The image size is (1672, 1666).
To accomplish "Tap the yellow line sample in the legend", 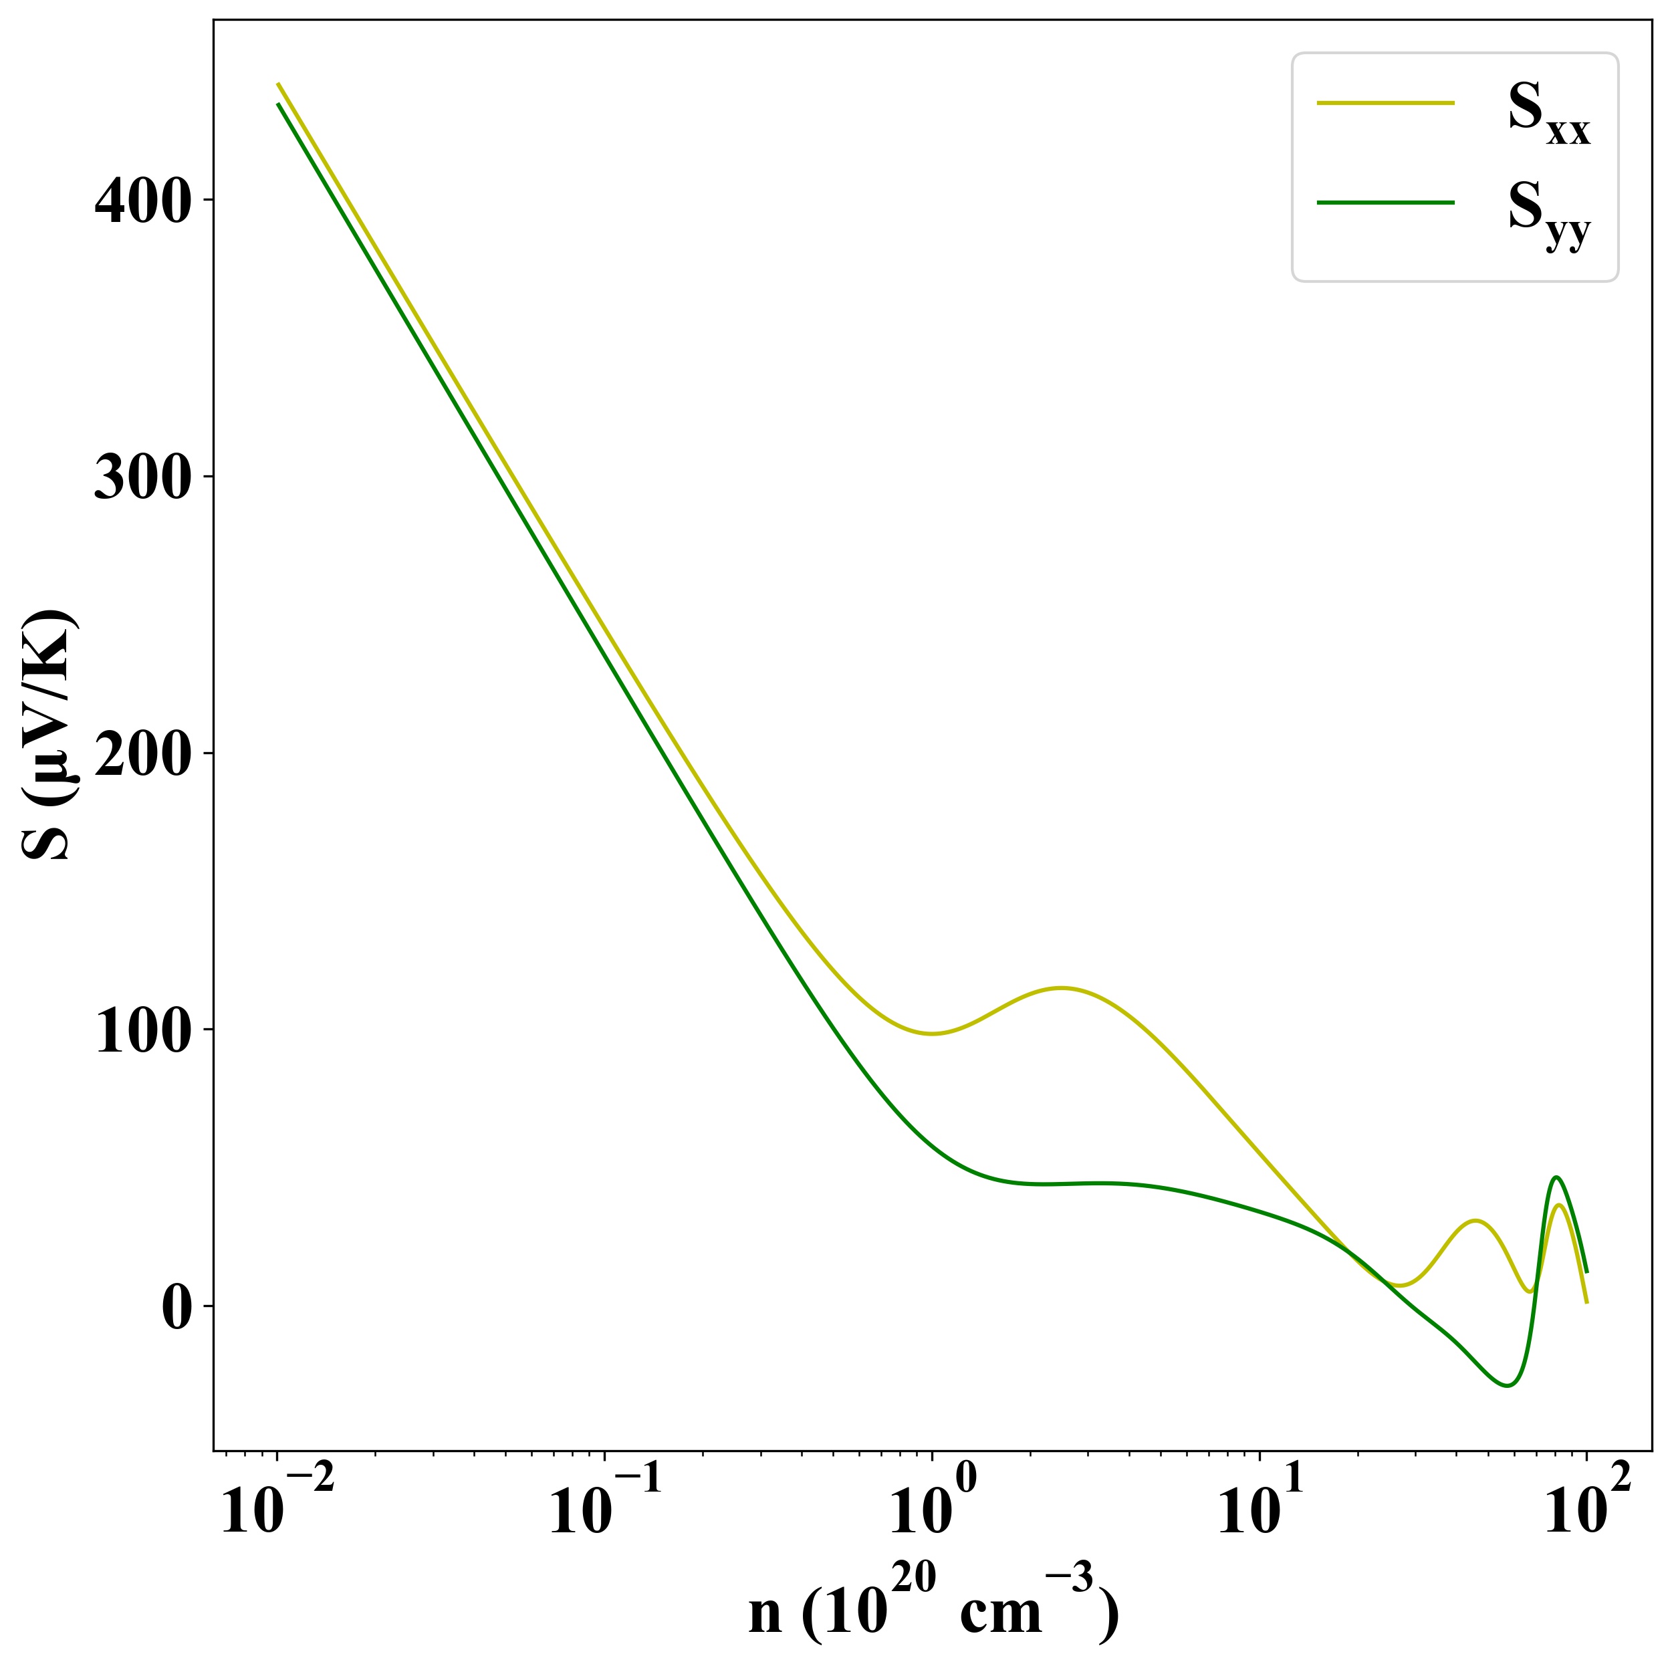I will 1385,103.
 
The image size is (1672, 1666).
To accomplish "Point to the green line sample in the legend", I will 1385,203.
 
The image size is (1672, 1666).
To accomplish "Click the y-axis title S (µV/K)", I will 50,735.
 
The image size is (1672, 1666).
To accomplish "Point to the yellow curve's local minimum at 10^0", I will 932,1034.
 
